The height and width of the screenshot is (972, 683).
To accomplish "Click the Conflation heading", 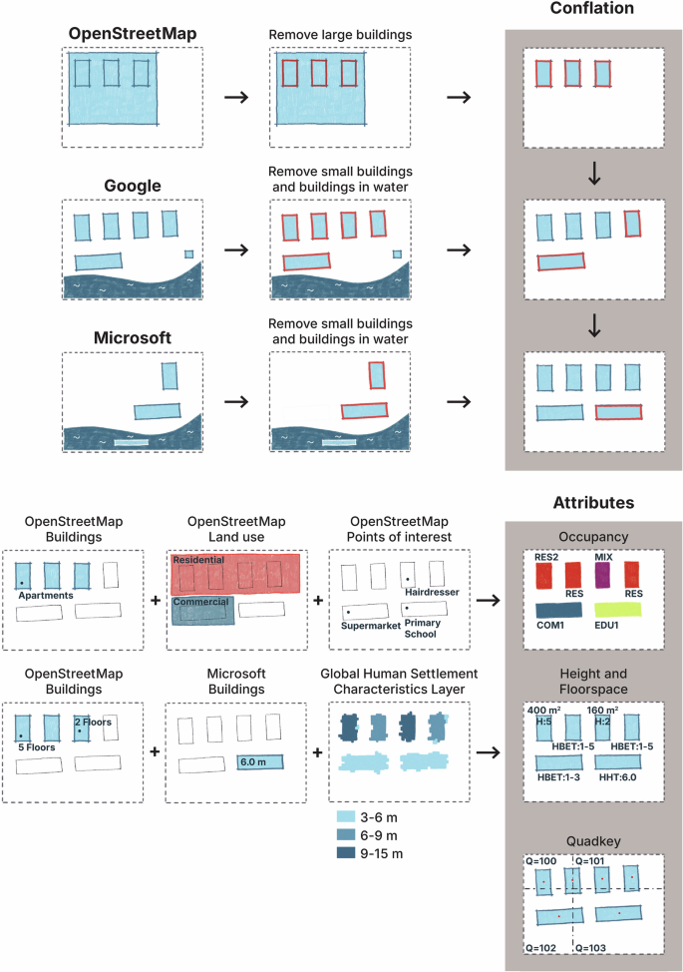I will tap(594, 9).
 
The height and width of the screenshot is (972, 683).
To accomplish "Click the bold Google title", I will tap(133, 186).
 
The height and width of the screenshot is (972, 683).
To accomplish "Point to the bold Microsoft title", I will tap(132, 338).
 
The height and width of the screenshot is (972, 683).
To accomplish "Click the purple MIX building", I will tap(602, 577).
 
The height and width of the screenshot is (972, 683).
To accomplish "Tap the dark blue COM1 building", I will tap(560, 609).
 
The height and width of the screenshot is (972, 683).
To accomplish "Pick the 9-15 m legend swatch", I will tap(349, 852).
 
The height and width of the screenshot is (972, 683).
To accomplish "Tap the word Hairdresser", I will tap(431, 592).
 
